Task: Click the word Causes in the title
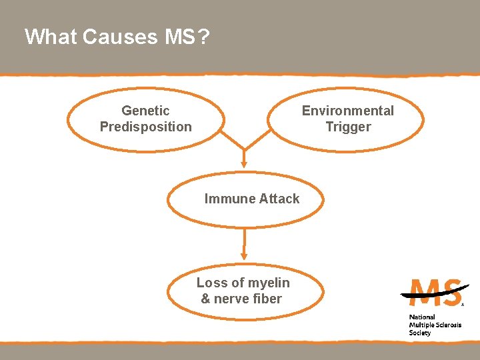coord(120,37)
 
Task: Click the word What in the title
coord(51,37)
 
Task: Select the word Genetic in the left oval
coord(145,111)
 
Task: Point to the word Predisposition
coord(145,127)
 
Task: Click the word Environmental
coord(347,111)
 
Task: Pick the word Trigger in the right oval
coord(348,127)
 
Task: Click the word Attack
coord(277,199)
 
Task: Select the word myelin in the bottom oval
coord(269,283)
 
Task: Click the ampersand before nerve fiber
coord(206,299)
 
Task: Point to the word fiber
coord(266,299)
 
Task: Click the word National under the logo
coord(422,317)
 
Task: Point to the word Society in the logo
coord(420,333)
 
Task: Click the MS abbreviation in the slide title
coord(178,37)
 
